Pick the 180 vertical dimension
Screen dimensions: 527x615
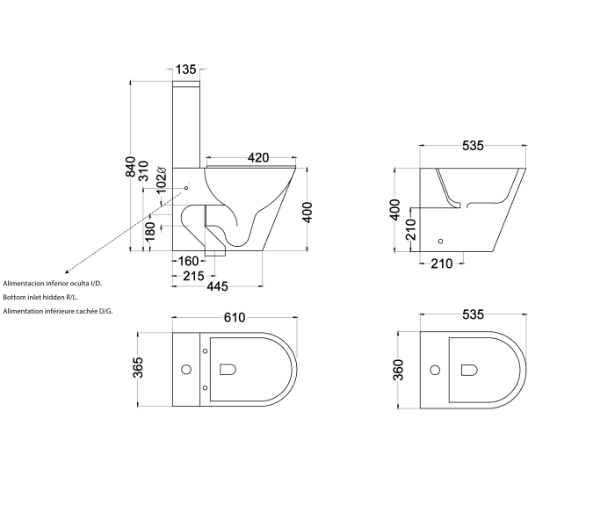[150, 230]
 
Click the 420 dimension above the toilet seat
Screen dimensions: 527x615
[257, 157]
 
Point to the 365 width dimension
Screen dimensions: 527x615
[138, 367]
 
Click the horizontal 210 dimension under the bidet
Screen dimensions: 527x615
[442, 263]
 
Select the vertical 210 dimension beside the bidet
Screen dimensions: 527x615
[410, 229]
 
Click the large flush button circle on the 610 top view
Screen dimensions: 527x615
[186, 368]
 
